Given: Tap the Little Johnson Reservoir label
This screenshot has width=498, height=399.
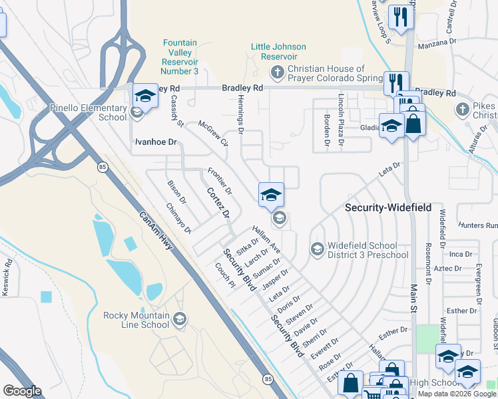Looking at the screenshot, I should (x=278, y=51).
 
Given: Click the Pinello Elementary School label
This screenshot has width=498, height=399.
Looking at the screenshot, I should (x=88, y=112).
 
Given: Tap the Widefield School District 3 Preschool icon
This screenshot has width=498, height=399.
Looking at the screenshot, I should (x=317, y=249).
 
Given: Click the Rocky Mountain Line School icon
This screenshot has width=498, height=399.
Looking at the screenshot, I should (x=178, y=321).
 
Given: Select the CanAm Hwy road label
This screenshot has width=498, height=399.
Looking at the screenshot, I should (x=156, y=231).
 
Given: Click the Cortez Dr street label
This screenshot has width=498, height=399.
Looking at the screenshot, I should (x=218, y=203).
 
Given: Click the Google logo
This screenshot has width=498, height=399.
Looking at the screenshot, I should (x=22, y=391).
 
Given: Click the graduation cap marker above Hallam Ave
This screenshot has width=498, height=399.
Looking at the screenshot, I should (x=271, y=195).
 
